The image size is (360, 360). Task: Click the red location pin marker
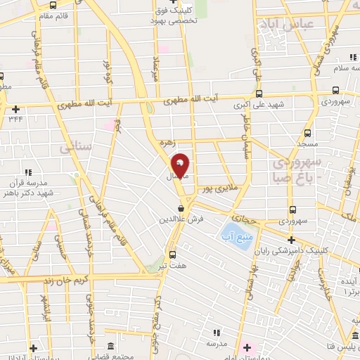click(180, 165)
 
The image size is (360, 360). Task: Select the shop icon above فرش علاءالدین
click(181, 208)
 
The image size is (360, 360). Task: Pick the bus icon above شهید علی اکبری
click(259, 94)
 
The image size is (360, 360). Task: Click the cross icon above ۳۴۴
click(16, 109)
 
